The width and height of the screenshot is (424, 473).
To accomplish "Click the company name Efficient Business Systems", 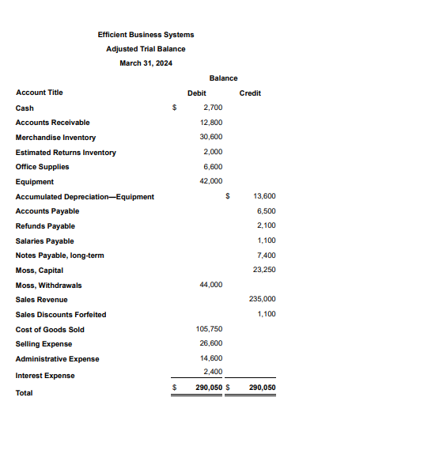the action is point(146,35).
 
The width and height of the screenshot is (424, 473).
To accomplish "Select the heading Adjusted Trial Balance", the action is point(146,49).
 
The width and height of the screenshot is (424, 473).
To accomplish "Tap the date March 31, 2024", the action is point(146,63).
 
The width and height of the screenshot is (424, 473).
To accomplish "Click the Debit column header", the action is point(196,93).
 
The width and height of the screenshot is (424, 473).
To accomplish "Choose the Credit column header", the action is point(250,93).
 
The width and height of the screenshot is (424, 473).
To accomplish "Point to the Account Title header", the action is point(39,93).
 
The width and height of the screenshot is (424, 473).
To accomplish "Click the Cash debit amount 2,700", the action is point(213,107).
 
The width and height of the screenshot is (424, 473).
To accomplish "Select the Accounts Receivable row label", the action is point(52,123).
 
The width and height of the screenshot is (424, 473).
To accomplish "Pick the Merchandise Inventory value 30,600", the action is point(211,137).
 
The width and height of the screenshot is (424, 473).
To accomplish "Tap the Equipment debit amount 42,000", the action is point(211,181).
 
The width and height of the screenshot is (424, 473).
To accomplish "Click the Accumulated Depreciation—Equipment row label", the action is point(85,196).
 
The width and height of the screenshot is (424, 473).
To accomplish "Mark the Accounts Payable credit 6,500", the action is point(267,211).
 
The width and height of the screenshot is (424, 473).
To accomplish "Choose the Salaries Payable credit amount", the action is point(267,240).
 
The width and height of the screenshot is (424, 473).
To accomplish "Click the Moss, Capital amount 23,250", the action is point(264,270).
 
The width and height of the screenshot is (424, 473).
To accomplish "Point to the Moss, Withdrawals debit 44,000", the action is point(211,284).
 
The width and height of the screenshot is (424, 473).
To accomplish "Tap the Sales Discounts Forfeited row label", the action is point(61,314).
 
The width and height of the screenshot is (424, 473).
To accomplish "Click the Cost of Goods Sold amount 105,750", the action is point(209,328).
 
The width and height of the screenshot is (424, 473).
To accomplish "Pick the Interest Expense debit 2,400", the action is point(213,372).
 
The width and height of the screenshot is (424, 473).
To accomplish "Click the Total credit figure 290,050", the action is point(262,388).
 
